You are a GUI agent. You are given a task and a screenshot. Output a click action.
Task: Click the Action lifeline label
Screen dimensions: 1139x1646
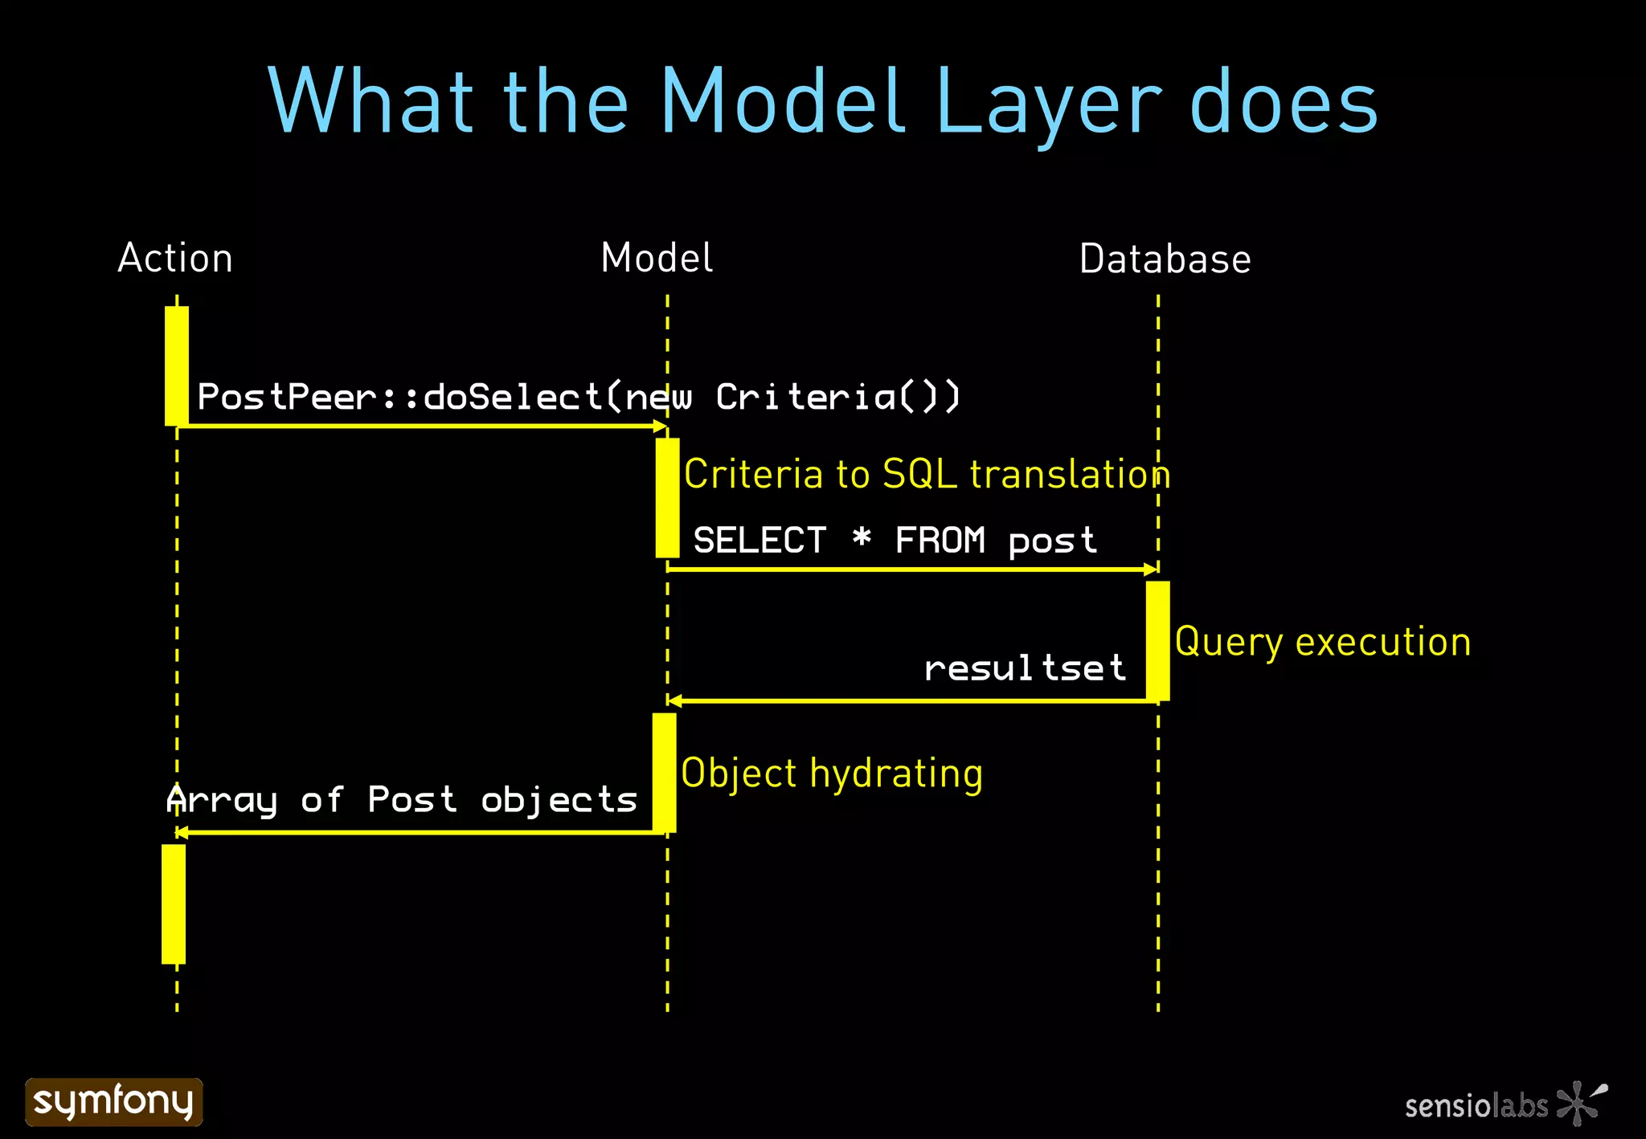(x=175, y=259)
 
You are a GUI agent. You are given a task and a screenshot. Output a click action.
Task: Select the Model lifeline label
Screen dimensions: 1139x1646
(x=657, y=259)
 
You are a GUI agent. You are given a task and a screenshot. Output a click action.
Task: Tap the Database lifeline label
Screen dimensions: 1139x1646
(x=1165, y=259)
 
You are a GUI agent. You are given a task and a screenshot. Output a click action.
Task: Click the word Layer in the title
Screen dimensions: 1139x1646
(x=1048, y=103)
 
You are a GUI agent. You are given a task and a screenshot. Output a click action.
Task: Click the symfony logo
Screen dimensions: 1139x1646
(x=114, y=1101)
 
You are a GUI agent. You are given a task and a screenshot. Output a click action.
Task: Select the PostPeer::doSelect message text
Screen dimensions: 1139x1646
(x=578, y=397)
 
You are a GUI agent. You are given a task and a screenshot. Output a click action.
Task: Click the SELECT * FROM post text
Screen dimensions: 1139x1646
(x=895, y=541)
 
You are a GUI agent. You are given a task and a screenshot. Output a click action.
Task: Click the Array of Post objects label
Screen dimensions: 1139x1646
(x=402, y=800)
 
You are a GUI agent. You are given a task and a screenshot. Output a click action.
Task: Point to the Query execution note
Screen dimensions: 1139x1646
(x=1322, y=642)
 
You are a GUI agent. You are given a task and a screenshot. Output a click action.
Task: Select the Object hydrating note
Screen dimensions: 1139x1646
(x=832, y=774)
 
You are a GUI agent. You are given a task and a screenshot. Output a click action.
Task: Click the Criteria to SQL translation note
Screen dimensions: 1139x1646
(x=927, y=474)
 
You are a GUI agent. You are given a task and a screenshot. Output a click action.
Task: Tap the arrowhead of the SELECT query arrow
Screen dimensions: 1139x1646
(x=1151, y=569)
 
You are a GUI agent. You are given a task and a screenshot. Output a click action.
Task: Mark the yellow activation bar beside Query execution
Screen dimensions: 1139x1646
(x=1157, y=640)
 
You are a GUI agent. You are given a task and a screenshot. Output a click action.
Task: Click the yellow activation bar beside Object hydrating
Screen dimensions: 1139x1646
(x=664, y=772)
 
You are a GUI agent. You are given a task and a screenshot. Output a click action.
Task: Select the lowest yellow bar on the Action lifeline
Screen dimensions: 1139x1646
(x=174, y=904)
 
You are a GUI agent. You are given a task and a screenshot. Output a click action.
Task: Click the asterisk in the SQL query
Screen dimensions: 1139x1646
(x=862, y=537)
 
